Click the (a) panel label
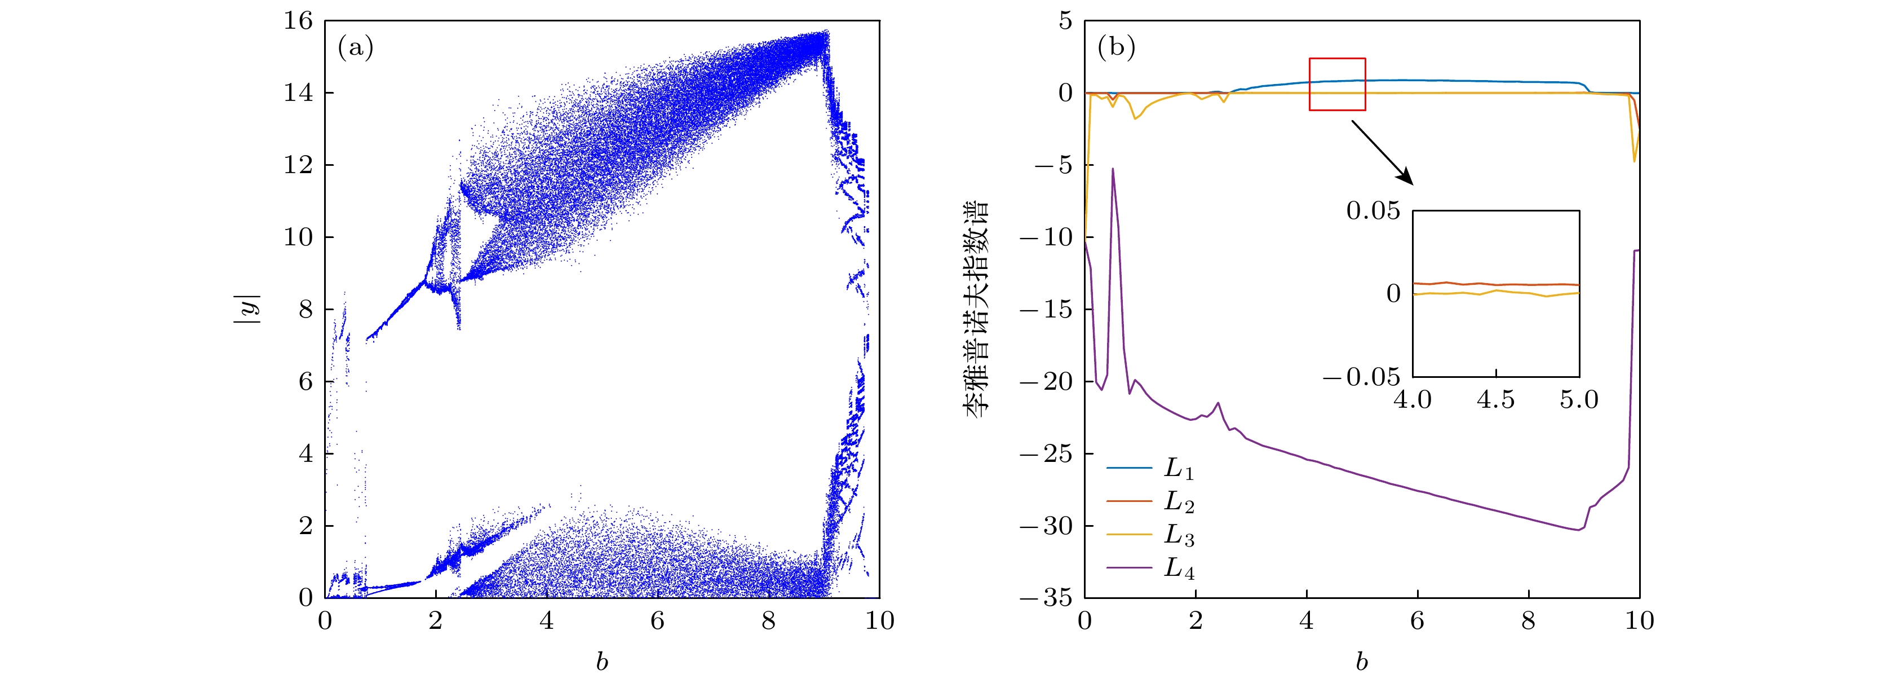(355, 49)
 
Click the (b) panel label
(1116, 49)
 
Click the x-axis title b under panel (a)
(602, 662)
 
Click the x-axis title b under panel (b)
(1362, 662)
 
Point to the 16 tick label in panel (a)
(298, 21)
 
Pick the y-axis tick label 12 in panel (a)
(298, 165)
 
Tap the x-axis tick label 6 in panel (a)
(657, 622)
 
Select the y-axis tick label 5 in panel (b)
(1065, 21)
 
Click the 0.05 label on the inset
(1373, 211)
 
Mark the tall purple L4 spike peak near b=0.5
(1113, 169)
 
